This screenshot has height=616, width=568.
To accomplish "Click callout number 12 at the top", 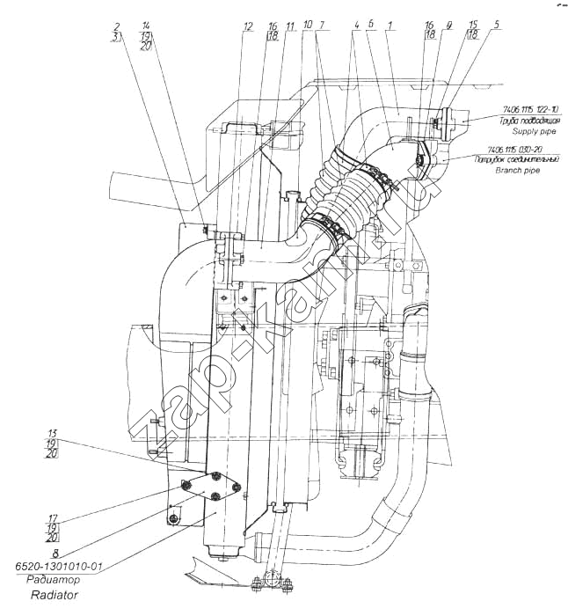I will pos(248,26).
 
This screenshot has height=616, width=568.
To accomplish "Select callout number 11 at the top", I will pos(290,26).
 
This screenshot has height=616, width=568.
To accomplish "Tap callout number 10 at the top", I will pos(307,26).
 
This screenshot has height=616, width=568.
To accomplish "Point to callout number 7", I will pos(323,26).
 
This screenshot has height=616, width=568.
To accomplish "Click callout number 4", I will pos(355,26).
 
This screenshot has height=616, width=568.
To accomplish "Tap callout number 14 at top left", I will pos(145,26).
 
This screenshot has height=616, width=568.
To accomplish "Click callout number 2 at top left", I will pos(116,26).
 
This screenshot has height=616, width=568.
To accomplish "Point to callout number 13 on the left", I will pos(53,433).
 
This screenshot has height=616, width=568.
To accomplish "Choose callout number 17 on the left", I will pos(53,517).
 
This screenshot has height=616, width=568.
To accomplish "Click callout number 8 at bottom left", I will pos(55,554).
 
